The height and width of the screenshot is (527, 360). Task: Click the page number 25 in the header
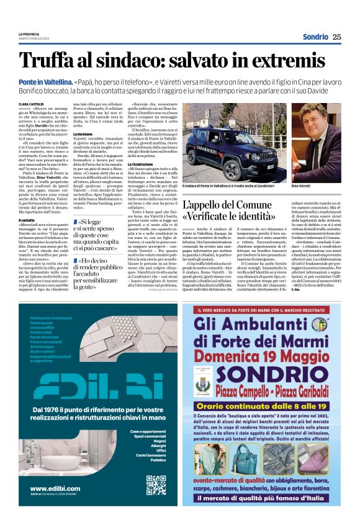point(336,37)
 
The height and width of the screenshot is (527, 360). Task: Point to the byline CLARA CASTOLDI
point(32,104)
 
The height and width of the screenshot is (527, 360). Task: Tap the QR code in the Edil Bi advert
point(156,485)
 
